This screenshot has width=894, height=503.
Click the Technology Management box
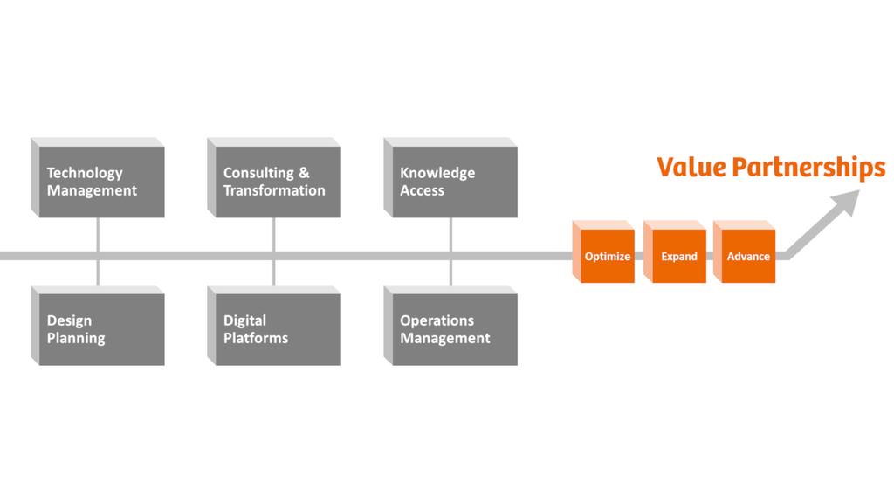click(101, 182)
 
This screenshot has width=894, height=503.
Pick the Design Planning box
click(101, 329)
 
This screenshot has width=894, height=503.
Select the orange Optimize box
click(607, 256)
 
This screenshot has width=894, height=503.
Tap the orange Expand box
click(678, 256)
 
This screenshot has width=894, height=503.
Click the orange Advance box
click(748, 256)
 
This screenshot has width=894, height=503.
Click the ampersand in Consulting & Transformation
click(304, 173)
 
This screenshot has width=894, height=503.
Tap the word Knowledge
click(437, 173)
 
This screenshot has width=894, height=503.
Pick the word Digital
click(244, 320)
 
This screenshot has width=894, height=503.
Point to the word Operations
click(437, 320)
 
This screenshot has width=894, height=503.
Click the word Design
click(69, 320)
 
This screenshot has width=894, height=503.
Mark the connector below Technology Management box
click(98, 233)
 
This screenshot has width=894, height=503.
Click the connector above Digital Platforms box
click(274, 272)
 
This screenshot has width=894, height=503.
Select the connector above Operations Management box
click(450, 272)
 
